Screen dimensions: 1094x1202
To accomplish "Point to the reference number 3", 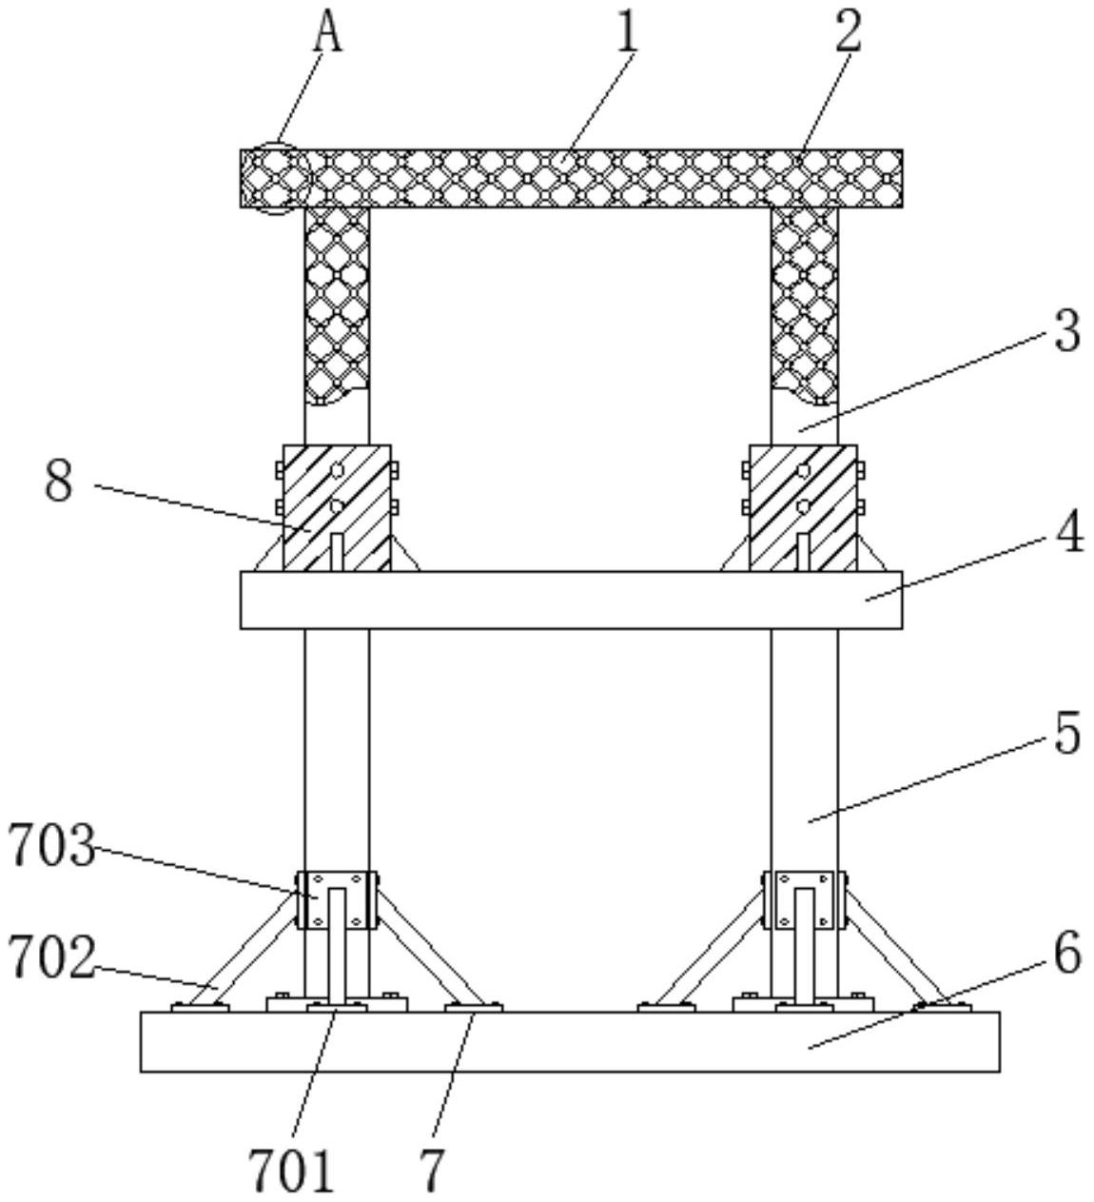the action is coord(1067,331).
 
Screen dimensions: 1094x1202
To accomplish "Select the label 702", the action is coord(51,956).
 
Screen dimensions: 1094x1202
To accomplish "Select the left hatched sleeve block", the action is coord(336,508).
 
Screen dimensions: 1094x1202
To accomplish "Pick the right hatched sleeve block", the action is coord(803,508).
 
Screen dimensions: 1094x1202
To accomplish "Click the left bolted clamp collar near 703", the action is coord(337,899).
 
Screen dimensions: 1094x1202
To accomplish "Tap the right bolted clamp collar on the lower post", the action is coord(804,899).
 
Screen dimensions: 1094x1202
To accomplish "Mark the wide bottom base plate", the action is coord(570,1042).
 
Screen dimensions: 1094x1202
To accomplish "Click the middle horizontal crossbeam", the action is coord(571,601).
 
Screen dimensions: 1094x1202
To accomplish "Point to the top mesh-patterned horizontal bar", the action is coord(571,179).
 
